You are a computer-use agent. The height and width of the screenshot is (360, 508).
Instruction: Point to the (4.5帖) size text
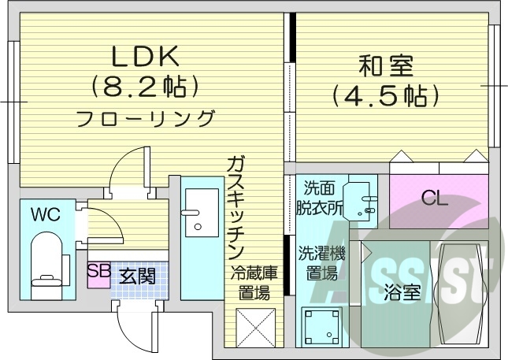(x=384, y=96)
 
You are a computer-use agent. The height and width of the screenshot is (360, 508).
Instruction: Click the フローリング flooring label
(x=145, y=119)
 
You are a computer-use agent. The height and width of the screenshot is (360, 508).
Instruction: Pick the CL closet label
(x=434, y=198)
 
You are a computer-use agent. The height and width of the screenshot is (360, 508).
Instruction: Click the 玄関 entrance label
(x=137, y=276)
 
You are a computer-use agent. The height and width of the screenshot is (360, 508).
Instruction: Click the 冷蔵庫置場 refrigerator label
(x=254, y=284)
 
